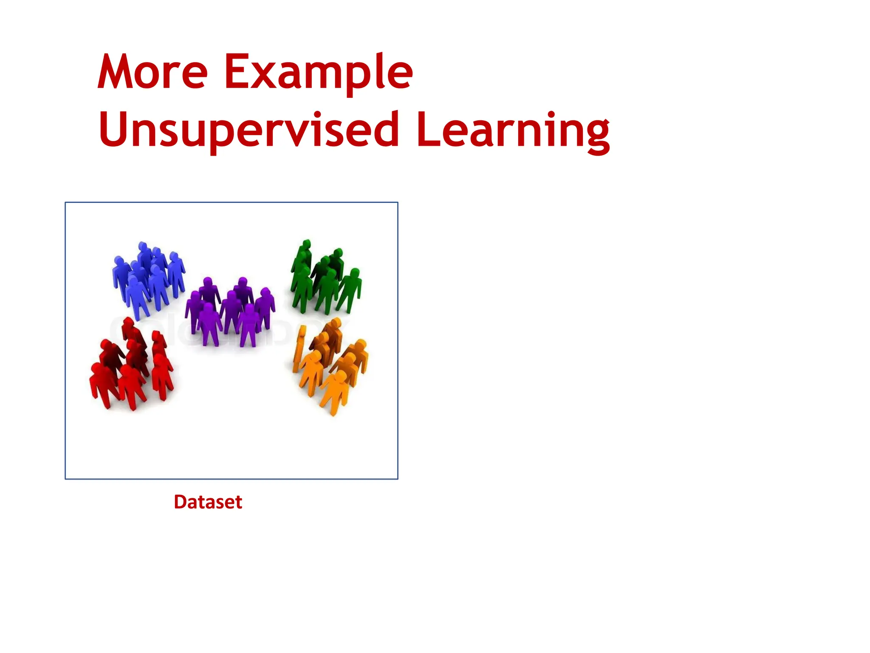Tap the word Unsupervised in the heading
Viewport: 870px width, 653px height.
[x=249, y=130]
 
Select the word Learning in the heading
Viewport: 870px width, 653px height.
[x=513, y=130]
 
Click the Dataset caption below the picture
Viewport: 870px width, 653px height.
[x=208, y=502]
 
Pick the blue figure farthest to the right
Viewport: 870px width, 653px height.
[x=176, y=272]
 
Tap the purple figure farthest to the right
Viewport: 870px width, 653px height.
[x=265, y=306]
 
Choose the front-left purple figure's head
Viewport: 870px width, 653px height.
[x=208, y=308]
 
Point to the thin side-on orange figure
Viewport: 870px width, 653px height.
[x=300, y=349]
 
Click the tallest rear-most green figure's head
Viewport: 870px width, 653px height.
[x=305, y=245]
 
